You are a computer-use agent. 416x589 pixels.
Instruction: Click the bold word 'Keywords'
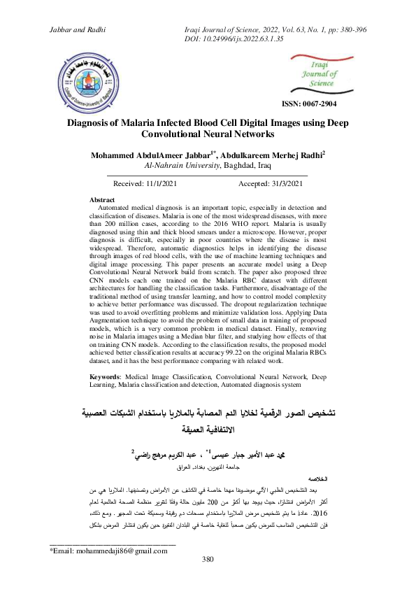click(106, 376)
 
